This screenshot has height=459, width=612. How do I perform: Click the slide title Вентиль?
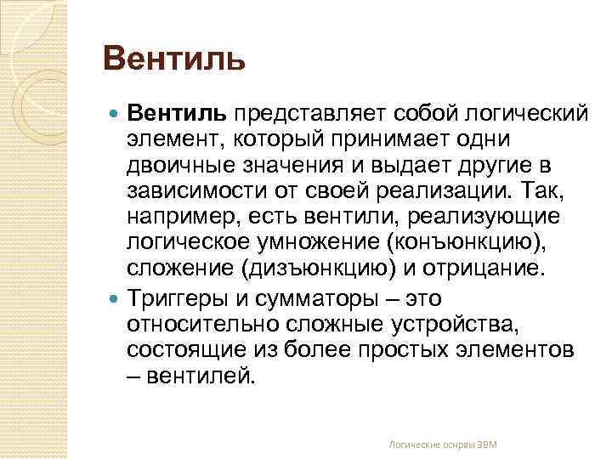point(173,60)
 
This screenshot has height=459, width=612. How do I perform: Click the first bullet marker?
point(116,114)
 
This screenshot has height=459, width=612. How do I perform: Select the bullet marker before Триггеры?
point(116,299)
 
